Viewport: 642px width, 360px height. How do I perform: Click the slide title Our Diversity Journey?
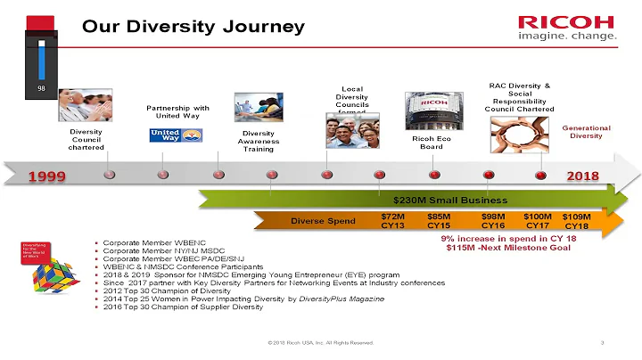[x=193, y=27]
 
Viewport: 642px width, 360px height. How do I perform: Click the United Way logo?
[x=176, y=135]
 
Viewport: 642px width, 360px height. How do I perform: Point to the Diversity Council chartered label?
[x=87, y=139]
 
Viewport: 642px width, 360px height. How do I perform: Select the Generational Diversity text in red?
[x=586, y=132]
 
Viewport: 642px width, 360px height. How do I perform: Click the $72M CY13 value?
[x=392, y=221]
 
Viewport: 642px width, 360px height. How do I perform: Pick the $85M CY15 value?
[x=439, y=221]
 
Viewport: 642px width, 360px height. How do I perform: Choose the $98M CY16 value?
[x=493, y=221]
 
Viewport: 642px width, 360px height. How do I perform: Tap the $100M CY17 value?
[x=537, y=221]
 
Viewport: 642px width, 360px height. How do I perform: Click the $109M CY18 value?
[x=577, y=221]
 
